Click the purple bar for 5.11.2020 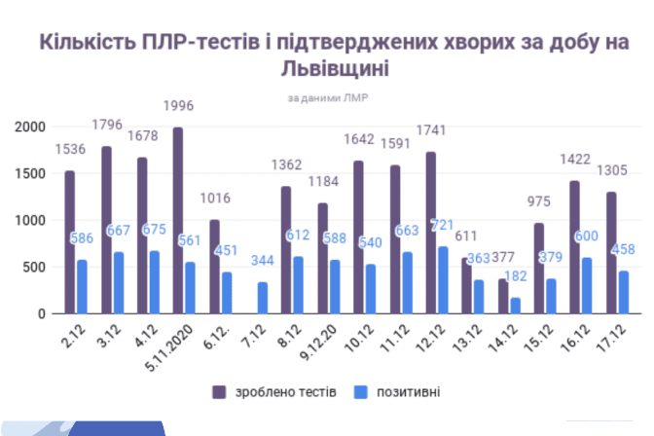coord(178,221)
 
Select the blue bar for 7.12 coord(263,298)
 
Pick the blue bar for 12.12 coord(443,280)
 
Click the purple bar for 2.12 coord(70,242)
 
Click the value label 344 coord(263,262)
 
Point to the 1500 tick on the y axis coord(30,174)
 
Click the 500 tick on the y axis coord(34,268)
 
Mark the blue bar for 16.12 coord(587,286)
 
